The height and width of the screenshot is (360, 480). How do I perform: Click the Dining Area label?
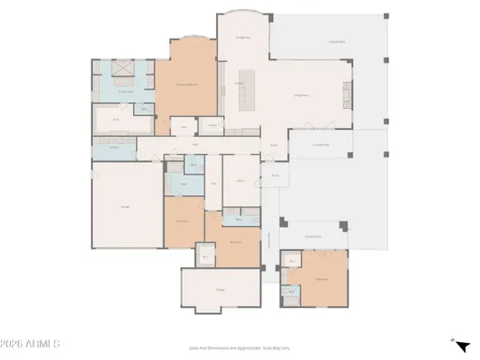point(242,38)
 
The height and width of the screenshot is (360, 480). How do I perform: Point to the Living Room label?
point(302,94)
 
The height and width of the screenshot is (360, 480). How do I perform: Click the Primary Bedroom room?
point(186,85)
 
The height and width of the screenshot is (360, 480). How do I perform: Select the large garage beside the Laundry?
point(125,207)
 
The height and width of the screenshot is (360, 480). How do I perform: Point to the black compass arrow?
point(461,346)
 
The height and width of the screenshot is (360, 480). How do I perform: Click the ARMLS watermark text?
point(31,345)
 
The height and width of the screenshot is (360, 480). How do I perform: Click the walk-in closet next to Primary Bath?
point(115,119)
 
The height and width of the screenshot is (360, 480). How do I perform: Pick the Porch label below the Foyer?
point(275,175)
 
